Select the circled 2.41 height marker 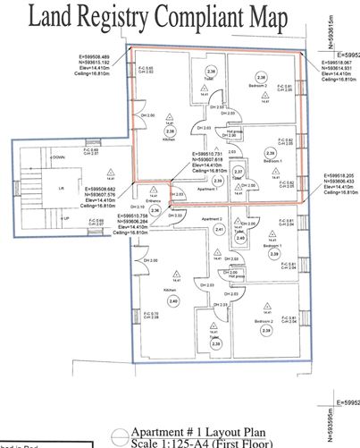220,230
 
